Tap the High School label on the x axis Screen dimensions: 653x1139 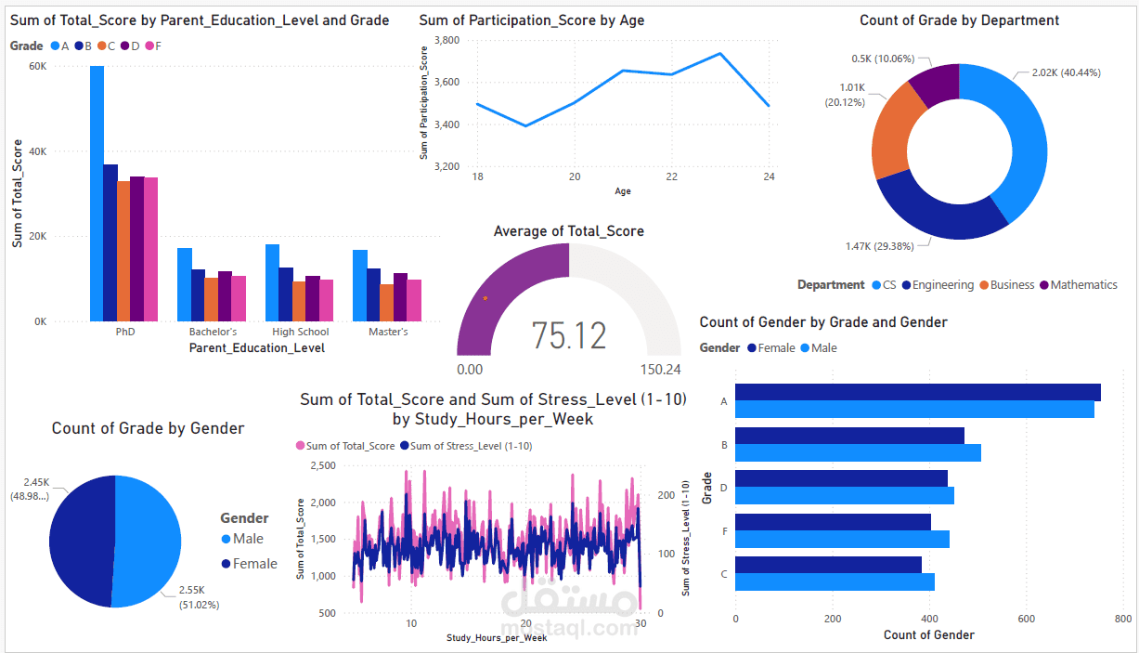pos(300,332)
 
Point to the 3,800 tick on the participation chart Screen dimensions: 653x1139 pos(447,40)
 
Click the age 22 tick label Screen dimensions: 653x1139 pos(671,176)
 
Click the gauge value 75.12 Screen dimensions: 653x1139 pos(569,335)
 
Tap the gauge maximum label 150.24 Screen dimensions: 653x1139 pos(660,370)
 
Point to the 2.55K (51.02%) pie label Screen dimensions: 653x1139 pos(199,597)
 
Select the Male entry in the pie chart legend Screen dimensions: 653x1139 pos(246,539)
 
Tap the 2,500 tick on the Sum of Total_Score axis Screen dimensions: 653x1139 pos(322,465)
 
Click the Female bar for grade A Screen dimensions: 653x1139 pos(917,392)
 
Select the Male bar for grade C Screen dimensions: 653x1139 pos(835,581)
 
